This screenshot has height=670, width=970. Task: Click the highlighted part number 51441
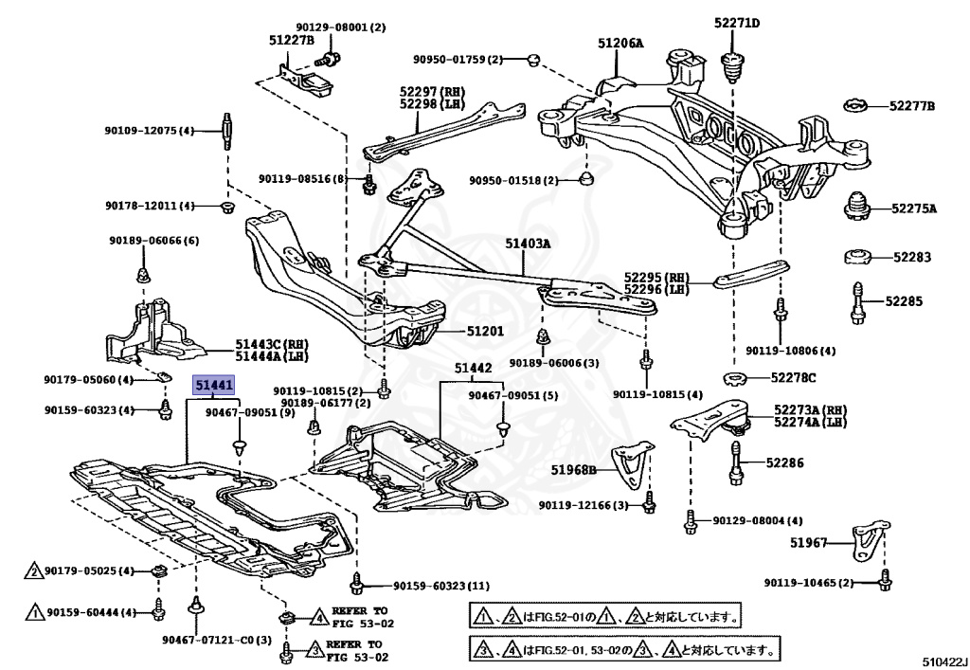214,386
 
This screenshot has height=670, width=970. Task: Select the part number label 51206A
620,44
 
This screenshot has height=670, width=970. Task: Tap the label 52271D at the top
737,23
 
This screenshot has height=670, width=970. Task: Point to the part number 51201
485,331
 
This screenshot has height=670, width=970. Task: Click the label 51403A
528,244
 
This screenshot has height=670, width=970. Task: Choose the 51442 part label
474,368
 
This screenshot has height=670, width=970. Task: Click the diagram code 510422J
944,661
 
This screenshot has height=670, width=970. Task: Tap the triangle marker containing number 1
35,613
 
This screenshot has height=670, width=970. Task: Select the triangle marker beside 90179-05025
35,570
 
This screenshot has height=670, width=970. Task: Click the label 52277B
912,106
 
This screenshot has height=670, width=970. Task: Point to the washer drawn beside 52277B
857,106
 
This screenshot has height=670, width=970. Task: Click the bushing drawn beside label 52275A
857,209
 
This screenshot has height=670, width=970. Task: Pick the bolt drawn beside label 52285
857,302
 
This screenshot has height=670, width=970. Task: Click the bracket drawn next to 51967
871,542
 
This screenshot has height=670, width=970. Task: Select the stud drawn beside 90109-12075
226,131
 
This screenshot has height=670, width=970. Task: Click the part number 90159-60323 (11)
441,586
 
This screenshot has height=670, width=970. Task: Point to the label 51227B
292,40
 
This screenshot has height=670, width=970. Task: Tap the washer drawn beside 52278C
735,378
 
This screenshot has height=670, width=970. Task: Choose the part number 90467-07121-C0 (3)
217,641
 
